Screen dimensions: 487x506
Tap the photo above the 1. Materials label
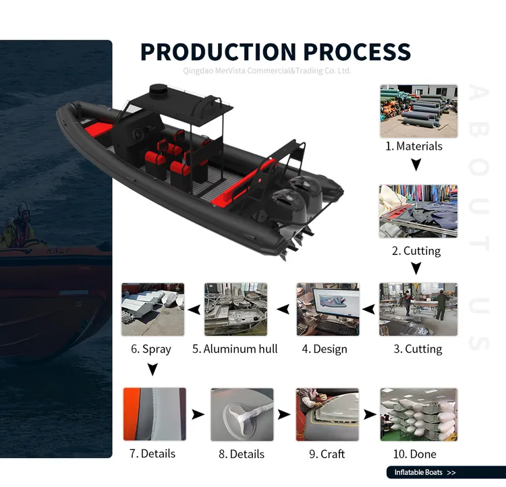418,111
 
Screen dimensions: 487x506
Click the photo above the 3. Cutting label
418,310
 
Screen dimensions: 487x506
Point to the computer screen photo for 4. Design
328,310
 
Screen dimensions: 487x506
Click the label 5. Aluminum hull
235,349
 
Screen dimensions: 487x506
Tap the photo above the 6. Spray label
152,310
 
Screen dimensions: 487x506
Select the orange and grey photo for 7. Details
154,414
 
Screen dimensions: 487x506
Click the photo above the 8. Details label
242,414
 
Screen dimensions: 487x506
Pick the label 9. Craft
327,454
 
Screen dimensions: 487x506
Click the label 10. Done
414,454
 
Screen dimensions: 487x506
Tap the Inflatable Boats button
445,473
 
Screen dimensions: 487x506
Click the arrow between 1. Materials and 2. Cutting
416,164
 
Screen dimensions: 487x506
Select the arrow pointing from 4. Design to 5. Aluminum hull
284,310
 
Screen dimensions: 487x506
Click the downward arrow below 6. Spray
152,369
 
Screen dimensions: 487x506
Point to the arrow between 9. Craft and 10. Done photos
370,414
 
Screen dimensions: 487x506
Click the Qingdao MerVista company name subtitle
267,71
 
